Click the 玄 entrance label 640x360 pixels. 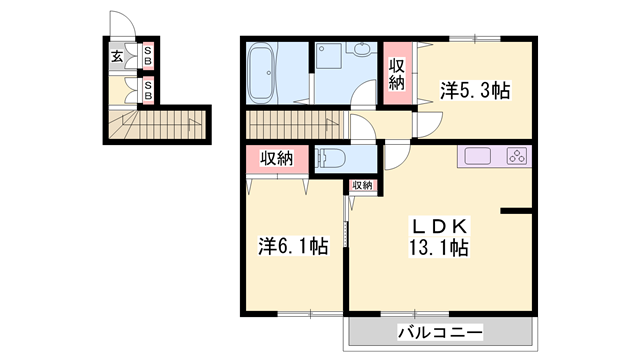point(117,57)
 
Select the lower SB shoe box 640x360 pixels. point(148,91)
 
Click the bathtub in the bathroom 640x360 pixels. point(263,72)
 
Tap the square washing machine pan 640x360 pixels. point(329,58)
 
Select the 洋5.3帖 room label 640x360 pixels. point(475,91)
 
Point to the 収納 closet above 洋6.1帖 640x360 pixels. point(276,158)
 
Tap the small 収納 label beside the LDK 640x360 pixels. point(360,185)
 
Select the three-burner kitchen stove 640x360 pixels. point(516,156)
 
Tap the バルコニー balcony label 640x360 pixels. point(441,331)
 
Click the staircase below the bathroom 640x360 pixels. point(292,125)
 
